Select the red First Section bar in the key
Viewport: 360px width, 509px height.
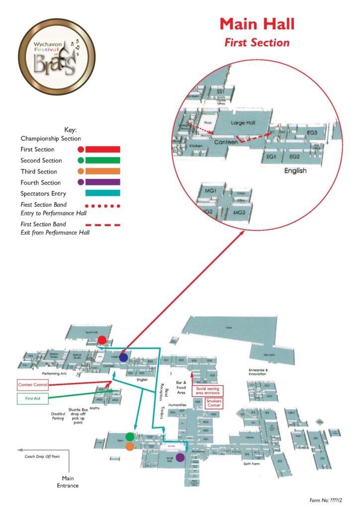pos(103,149)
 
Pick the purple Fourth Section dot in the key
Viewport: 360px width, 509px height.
pos(81,182)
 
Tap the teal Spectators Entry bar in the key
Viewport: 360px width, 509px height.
pos(103,193)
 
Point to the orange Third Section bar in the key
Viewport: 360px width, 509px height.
pos(103,171)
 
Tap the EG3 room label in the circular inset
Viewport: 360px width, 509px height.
pos(312,133)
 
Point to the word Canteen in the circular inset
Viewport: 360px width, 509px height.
pos(226,142)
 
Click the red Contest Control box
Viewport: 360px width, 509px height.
pos(32,385)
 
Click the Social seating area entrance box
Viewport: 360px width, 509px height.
pos(208,391)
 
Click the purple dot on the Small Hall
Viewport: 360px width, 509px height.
pos(180,457)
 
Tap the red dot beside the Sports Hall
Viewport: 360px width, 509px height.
pos(102,339)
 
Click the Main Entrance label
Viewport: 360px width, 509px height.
pos(68,482)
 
